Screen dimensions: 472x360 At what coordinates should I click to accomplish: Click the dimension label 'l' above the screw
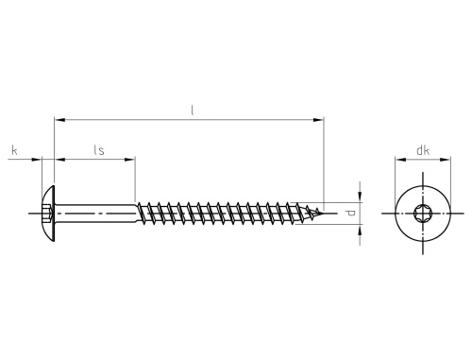pyautogui.click(x=193, y=111)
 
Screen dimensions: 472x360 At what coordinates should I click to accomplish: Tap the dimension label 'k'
pyautogui.click(x=14, y=150)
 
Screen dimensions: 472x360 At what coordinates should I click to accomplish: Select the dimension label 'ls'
pyautogui.click(x=99, y=150)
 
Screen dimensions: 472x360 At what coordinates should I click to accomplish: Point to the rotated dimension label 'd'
pyautogui.click(x=350, y=214)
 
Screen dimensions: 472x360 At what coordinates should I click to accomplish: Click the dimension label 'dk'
pyautogui.click(x=423, y=150)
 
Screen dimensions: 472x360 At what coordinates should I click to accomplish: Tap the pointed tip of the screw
pyautogui.click(x=323, y=214)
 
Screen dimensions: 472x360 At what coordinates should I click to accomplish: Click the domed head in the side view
pyautogui.click(x=48, y=214)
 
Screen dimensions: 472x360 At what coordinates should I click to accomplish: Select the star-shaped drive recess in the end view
pyautogui.click(x=423, y=214)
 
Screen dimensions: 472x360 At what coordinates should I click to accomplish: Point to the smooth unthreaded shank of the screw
pyautogui.click(x=95, y=214)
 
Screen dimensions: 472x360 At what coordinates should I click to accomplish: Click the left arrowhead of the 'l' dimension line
pyautogui.click(x=59, y=120)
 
